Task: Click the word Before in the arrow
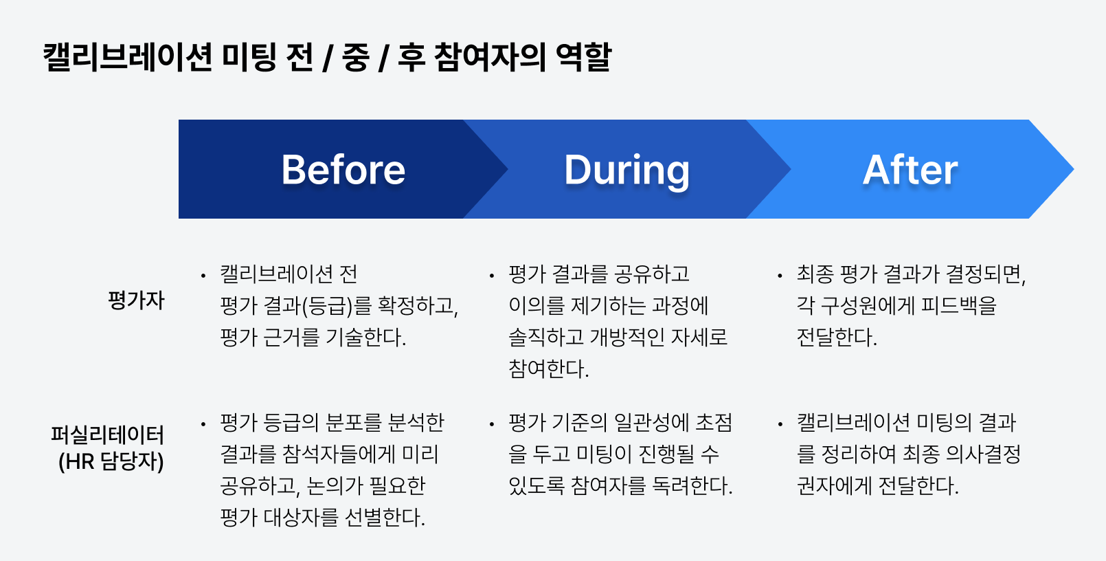point(343,170)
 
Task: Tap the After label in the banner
point(910,170)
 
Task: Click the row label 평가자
point(136,300)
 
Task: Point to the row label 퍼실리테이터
point(108,435)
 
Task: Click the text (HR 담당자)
point(111,461)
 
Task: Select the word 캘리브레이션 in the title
point(127,57)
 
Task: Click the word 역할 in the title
point(583,57)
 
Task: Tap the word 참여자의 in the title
point(490,57)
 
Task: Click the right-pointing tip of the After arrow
point(1074,169)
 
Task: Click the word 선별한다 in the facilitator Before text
point(383,518)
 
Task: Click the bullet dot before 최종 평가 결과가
point(780,276)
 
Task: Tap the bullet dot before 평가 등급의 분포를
point(203,424)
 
